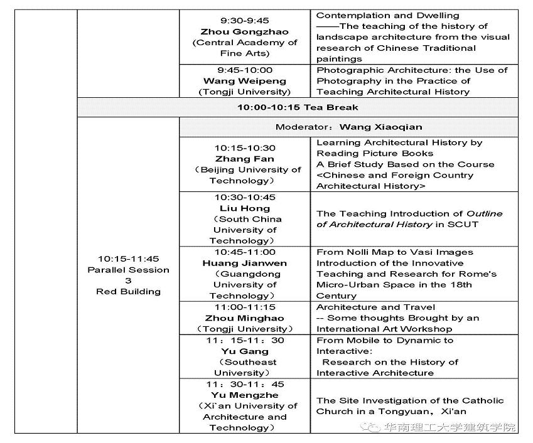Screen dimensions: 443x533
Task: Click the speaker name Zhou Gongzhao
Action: [x=244, y=31]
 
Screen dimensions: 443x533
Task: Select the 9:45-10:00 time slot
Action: [x=244, y=70]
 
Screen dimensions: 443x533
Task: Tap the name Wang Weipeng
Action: [x=244, y=81]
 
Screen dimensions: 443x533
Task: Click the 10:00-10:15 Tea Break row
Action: [x=298, y=107]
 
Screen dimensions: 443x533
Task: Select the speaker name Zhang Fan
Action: [x=244, y=159]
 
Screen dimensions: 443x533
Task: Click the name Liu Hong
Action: [x=244, y=208]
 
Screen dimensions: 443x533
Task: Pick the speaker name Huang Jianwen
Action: [x=244, y=263]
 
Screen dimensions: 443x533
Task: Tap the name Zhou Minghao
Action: [x=244, y=318]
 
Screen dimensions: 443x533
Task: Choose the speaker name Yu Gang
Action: [x=244, y=351]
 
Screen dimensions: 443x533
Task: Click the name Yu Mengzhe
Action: [x=244, y=395]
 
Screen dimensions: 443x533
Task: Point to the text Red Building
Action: [x=128, y=291]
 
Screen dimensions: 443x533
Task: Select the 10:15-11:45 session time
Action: [x=128, y=259]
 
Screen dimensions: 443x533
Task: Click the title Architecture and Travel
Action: [x=375, y=307]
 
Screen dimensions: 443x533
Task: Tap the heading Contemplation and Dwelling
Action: [x=387, y=15]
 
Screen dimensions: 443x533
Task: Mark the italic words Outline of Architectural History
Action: [x=409, y=219]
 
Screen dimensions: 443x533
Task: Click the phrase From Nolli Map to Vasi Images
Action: [x=394, y=252]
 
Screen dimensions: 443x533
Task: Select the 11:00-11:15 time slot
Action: [x=244, y=307]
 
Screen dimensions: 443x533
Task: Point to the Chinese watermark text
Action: [x=450, y=427]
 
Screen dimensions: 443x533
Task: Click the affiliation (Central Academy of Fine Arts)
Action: [x=244, y=48]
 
